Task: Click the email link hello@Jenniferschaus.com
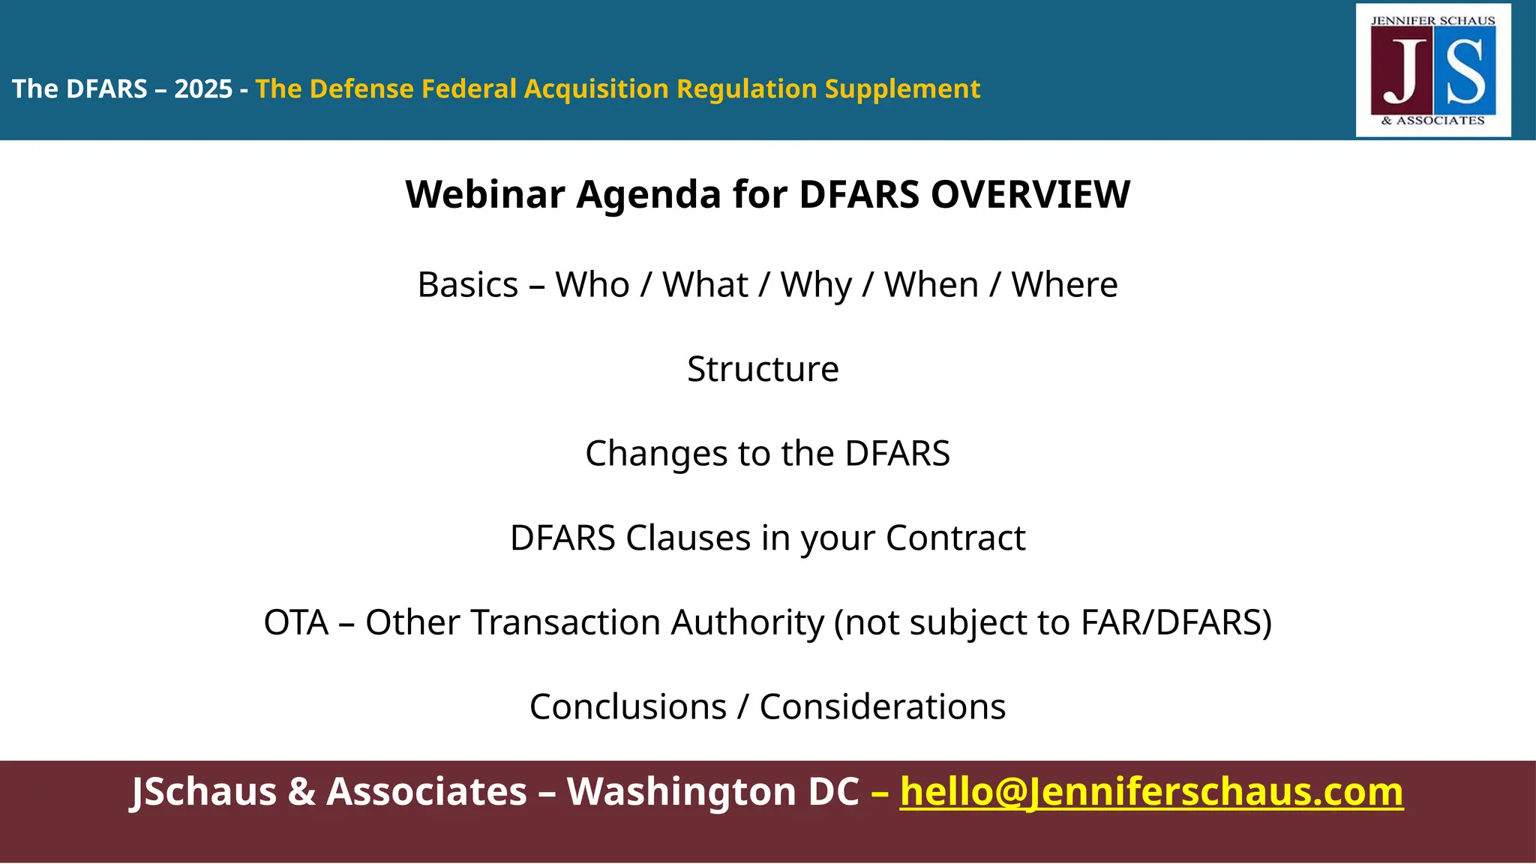(x=1151, y=792)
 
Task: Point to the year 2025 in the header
(x=203, y=89)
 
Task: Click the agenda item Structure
(x=763, y=369)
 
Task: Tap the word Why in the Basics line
(x=816, y=285)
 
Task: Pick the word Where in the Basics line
(x=1064, y=285)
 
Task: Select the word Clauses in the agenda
(x=688, y=538)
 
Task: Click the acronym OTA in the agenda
(x=296, y=622)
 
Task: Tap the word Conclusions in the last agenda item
(x=628, y=707)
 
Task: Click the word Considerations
(x=882, y=707)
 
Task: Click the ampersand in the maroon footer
(x=301, y=792)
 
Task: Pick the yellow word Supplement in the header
(x=902, y=89)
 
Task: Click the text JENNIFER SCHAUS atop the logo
(x=1432, y=21)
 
